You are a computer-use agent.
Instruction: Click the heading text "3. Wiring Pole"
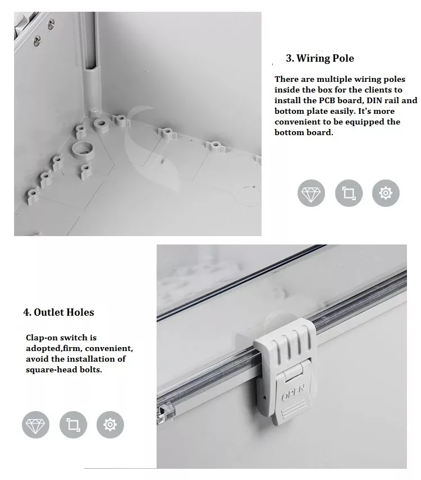click(320, 58)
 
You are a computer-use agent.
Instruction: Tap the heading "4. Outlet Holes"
click(58, 312)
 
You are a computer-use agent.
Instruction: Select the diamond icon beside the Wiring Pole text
click(311, 194)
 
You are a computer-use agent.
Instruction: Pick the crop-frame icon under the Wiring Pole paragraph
click(349, 194)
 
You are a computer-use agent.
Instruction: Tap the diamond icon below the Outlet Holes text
click(36, 424)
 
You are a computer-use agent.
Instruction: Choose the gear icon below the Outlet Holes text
click(110, 424)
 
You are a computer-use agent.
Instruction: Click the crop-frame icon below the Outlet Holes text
click(73, 424)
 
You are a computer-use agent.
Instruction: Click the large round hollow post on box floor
click(84, 149)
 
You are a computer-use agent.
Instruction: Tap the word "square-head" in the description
click(50, 370)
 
